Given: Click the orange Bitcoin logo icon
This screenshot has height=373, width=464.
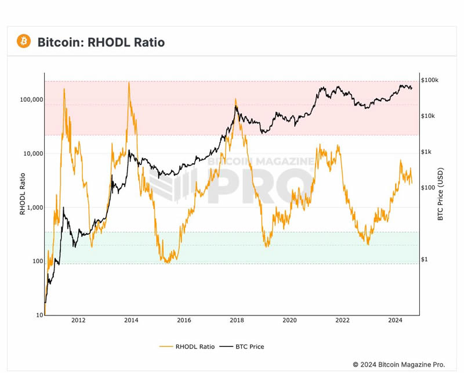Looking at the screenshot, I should pos(24,41).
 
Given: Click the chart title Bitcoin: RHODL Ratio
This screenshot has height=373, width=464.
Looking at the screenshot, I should pos(101,42).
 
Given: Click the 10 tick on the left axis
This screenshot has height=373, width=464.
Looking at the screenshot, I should pos(39,315).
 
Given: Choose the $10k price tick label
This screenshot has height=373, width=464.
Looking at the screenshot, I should pos(428,116).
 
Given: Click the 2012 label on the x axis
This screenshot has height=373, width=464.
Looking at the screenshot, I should pos(78,320).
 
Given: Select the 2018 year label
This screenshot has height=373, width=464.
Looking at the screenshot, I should pos(237,320).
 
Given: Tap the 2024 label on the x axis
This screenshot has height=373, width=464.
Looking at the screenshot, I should pos(395,320).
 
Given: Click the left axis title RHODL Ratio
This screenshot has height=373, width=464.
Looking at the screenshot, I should pos(23,194).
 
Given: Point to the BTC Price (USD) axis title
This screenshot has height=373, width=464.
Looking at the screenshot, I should pos(441,194).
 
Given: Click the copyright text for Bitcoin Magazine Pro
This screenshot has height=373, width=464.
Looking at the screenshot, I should pos(399,364).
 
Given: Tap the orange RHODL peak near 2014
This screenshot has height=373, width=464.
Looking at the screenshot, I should pos(129,83).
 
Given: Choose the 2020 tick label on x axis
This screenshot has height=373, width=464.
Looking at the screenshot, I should pos(289,320).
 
